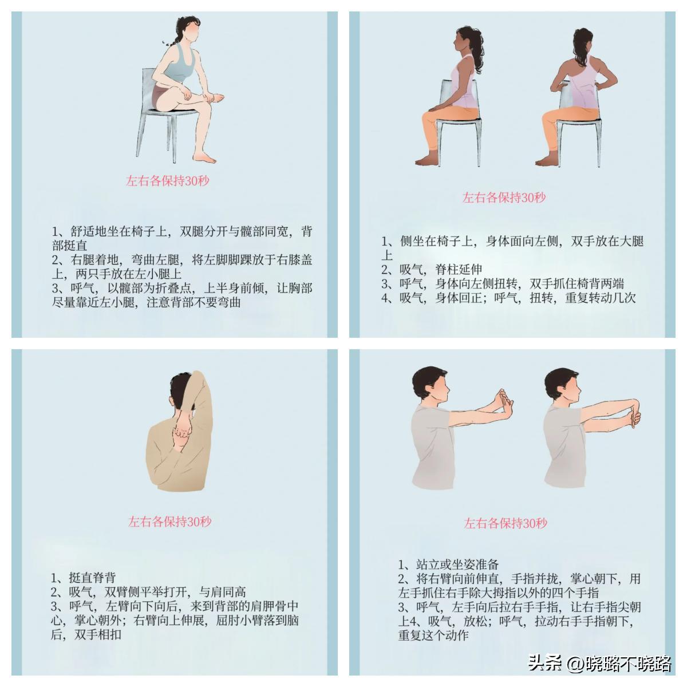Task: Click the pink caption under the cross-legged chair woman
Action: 167,181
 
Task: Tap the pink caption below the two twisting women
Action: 504,197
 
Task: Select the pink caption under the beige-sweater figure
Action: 169,522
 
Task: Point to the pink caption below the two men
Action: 505,523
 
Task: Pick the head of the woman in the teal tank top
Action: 187,30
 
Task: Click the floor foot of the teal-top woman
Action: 204,157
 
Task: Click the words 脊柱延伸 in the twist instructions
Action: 459,270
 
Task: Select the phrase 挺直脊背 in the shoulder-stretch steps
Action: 92,577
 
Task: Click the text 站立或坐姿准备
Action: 457,564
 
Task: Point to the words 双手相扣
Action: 98,634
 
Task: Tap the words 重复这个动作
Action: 433,635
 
